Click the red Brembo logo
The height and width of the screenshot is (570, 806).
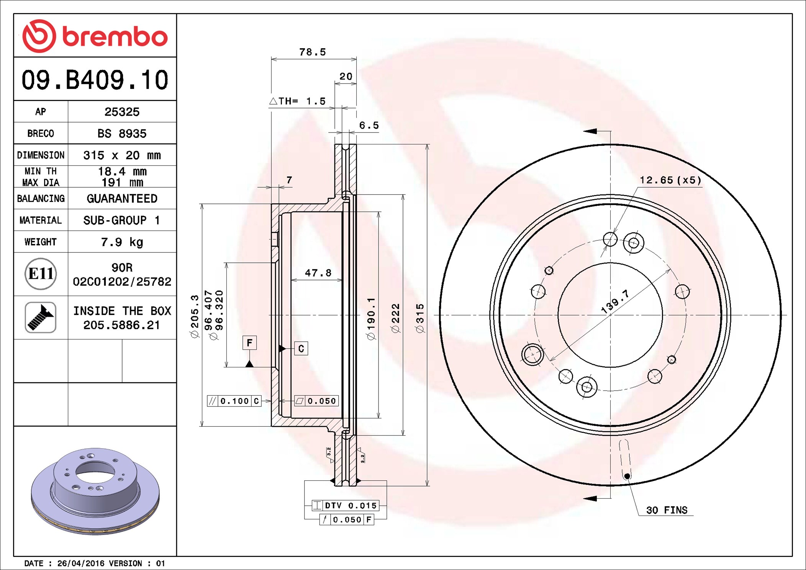coord(95,36)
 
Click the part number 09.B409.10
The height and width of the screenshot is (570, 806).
coord(95,80)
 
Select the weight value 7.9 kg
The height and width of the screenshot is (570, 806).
coord(122,242)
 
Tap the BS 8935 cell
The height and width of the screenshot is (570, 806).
coord(122,133)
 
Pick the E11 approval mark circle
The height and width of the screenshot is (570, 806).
coord(41,274)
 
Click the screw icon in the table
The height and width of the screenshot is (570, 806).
coord(41,317)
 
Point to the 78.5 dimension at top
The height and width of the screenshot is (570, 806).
coord(313,52)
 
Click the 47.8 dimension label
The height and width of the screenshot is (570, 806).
coord(318,273)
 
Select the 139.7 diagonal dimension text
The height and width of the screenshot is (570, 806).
coord(615,301)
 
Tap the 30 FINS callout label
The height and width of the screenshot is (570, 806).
coord(667,510)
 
